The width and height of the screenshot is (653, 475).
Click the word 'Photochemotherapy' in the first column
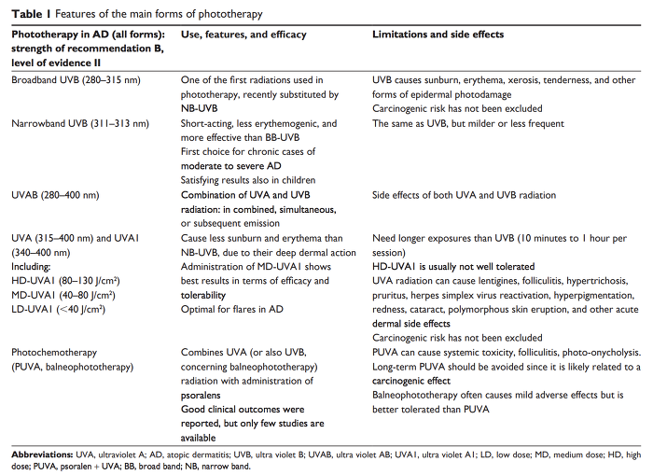pos(54,353)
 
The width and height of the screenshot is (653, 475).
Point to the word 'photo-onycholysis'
pos(599,353)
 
